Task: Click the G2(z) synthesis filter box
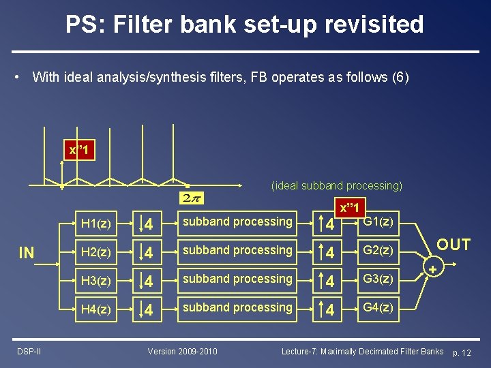(377, 251)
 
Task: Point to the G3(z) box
(377, 279)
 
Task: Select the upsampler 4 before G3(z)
(329, 280)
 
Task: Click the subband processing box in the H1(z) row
(237, 222)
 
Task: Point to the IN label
(27, 254)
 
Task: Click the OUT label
(453, 245)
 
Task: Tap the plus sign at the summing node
(432, 271)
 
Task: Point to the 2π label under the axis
(191, 198)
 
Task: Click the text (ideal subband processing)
(337, 185)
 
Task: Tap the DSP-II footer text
(29, 352)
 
